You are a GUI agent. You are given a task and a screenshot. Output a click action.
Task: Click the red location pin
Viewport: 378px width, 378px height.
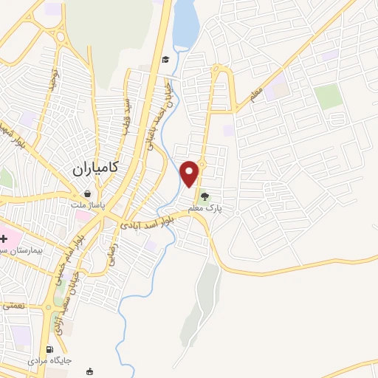pyautogui.click(x=190, y=173)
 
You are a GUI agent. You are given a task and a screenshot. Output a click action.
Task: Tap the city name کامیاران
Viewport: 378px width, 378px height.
pyautogui.click(x=100, y=168)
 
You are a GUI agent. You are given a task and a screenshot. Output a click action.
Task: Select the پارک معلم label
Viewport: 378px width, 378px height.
pyautogui.click(x=205, y=210)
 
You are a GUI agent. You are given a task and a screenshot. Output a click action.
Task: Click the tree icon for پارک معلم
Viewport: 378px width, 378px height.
pyautogui.click(x=205, y=196)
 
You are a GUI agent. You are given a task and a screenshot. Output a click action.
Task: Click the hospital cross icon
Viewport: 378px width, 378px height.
pyautogui.click(x=4, y=238)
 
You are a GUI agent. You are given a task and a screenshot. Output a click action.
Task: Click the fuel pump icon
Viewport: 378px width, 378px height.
pyautogui.click(x=49, y=349)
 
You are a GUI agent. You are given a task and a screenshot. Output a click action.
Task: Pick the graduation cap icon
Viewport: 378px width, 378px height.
pyautogui.click(x=166, y=60)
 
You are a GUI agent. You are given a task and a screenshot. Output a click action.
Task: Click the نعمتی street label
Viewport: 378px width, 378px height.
pyautogui.click(x=13, y=303)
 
